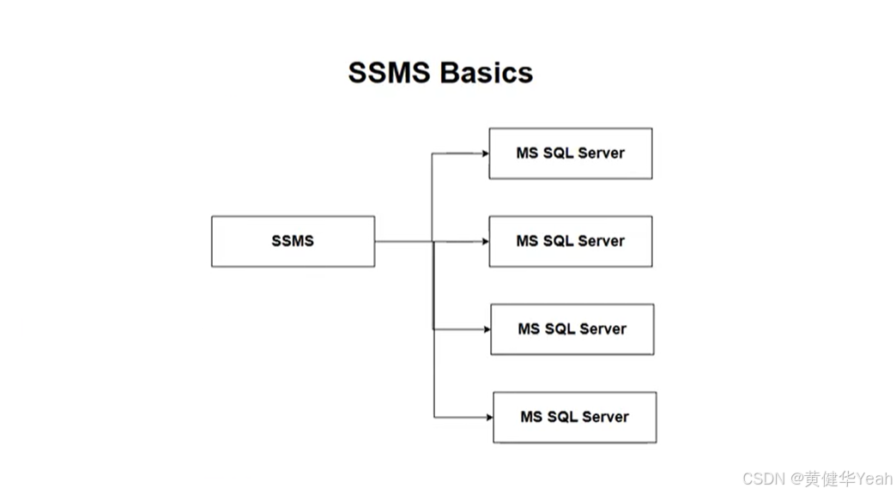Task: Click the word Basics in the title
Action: (x=487, y=72)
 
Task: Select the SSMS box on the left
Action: (x=293, y=241)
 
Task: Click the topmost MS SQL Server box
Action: (x=570, y=154)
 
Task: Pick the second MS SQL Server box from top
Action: (x=570, y=241)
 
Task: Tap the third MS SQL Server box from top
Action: (x=572, y=329)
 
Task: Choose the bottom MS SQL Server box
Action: (x=574, y=418)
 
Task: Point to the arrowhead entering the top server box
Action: (x=485, y=154)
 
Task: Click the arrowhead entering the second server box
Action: (x=485, y=242)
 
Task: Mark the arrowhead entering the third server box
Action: (x=487, y=329)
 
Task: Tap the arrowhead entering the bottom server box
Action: (x=489, y=418)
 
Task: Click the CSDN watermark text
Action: (x=759, y=479)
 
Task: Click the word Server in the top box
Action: (x=601, y=154)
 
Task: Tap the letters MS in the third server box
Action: (x=528, y=329)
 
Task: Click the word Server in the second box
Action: (x=601, y=241)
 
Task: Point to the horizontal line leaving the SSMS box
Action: (x=403, y=242)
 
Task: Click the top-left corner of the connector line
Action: (x=433, y=154)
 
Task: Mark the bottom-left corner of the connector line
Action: (x=434, y=418)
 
